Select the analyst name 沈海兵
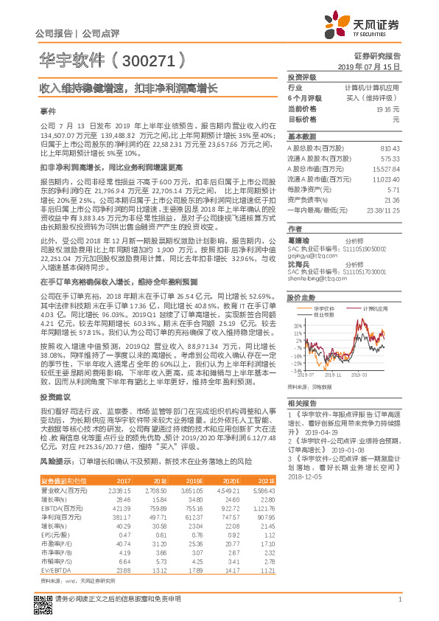click(298, 244)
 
